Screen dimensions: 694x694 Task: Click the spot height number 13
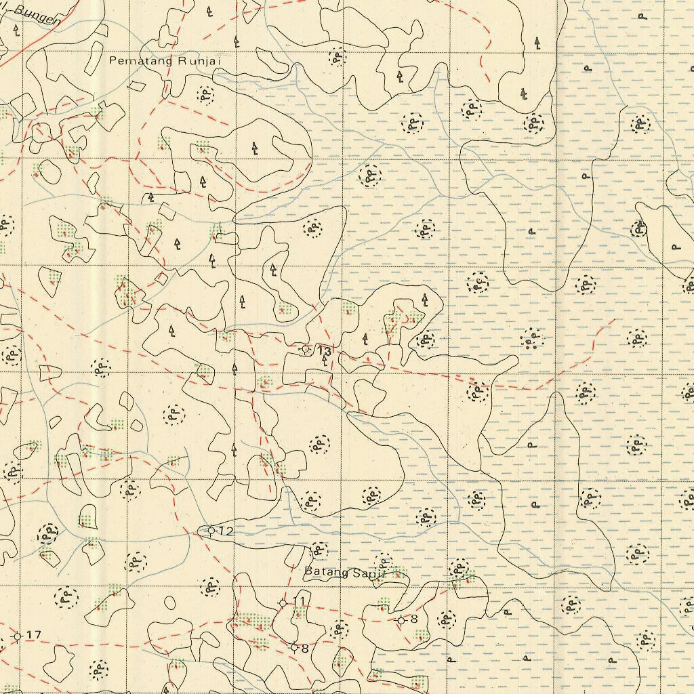pos(325,350)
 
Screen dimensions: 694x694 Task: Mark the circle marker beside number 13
pos(306,350)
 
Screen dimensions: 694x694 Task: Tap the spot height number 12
pos(226,531)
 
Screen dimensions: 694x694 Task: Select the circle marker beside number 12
pos(211,530)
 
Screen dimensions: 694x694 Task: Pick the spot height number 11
pos(299,602)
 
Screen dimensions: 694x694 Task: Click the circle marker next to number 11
pos(283,603)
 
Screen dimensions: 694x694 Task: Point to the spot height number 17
pos(34,635)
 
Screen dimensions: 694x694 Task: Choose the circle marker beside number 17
pos(18,636)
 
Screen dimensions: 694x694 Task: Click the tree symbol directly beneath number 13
pos(325,361)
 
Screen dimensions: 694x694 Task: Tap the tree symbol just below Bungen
pos(16,30)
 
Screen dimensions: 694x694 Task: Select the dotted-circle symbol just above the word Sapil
pos(384,560)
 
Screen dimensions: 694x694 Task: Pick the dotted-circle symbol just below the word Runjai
pos(205,94)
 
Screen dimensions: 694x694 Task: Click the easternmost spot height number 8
pos(414,619)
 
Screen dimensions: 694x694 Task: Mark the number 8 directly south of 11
pos(305,649)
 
